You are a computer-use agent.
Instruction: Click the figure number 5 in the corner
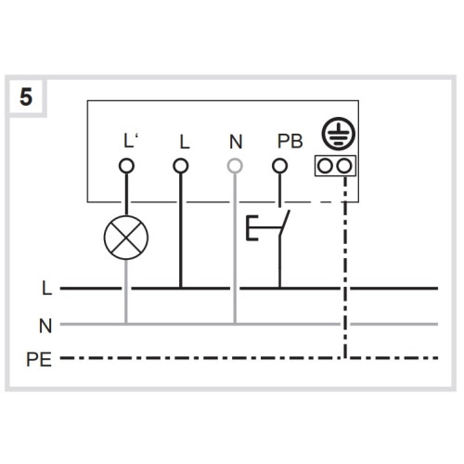coord(26,97)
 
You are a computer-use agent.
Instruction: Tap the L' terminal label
coord(131,141)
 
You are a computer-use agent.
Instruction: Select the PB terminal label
coord(290,141)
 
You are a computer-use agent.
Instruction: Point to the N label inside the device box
coord(236,142)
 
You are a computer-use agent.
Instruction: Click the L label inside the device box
coord(185,142)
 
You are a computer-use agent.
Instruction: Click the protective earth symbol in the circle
coord(339,134)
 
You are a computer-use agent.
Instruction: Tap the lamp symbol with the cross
coord(126,238)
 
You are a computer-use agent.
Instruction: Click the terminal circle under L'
coord(126,166)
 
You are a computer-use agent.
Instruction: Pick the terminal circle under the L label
coord(181,166)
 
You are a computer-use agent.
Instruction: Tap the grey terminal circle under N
coord(235,166)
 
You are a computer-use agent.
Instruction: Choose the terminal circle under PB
coord(279,166)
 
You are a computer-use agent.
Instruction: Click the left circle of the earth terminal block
coord(326,166)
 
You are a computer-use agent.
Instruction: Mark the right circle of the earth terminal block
coord(344,166)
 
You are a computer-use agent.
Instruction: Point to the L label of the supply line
coord(46,288)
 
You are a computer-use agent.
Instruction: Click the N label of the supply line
coord(45,326)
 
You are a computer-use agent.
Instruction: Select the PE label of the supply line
coord(39,359)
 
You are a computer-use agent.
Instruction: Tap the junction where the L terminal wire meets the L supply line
coord(181,288)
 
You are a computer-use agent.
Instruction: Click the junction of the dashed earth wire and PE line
coord(345,358)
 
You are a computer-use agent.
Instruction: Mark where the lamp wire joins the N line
coord(126,324)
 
